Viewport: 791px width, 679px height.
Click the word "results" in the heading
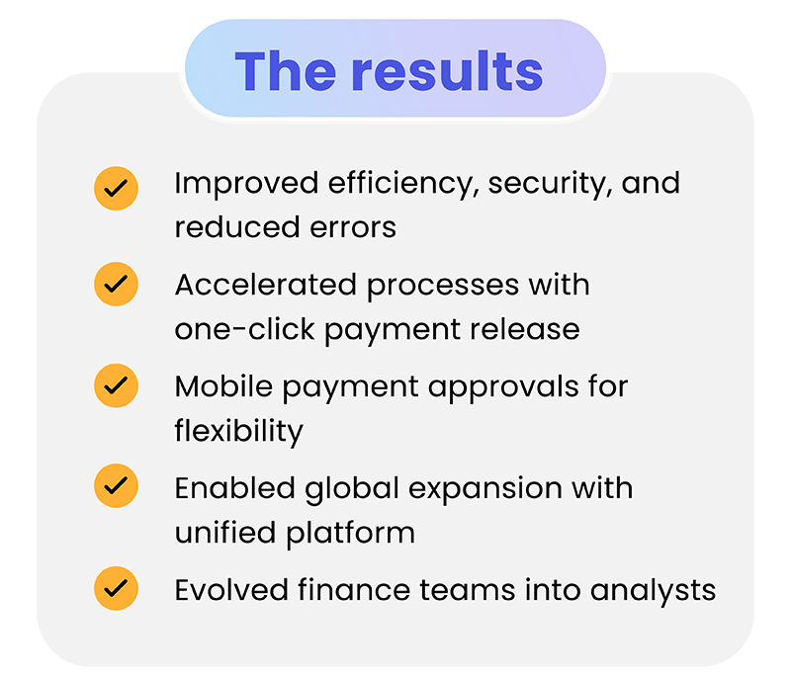point(447,71)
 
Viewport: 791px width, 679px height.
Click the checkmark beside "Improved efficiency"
point(116,188)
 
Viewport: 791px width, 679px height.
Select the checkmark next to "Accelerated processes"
point(116,285)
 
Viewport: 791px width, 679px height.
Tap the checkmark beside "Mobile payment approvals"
point(116,385)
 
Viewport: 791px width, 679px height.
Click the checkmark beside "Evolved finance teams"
point(116,588)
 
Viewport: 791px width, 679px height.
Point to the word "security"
point(549,184)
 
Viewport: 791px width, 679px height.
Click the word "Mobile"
point(223,385)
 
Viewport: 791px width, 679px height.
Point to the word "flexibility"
point(238,431)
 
